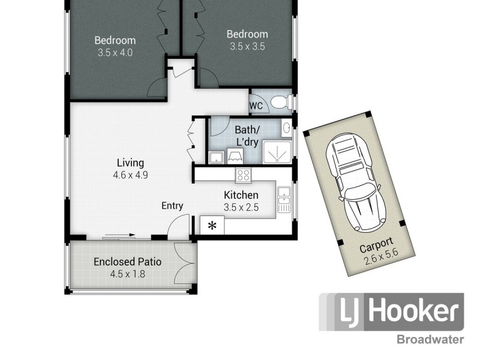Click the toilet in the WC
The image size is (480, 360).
[279, 103]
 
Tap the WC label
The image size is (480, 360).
[256, 106]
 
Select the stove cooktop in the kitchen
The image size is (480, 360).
[244, 175]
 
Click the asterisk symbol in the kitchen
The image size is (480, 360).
[211, 226]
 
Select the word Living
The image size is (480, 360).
[130, 163]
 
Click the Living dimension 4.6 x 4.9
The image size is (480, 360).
[130, 175]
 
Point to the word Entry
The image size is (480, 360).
[172, 206]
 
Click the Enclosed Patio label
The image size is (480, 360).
[127, 262]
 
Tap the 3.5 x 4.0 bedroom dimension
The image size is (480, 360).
[115, 53]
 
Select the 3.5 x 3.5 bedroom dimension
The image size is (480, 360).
[247, 46]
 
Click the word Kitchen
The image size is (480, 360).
[241, 195]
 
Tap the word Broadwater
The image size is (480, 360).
[430, 340]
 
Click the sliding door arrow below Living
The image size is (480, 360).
[119, 237]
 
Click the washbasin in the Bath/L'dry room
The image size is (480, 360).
[286, 127]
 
